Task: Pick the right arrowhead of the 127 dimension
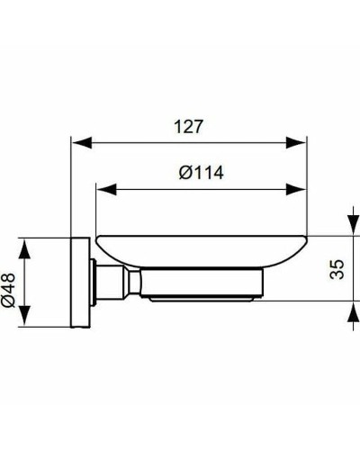pos(301,141)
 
